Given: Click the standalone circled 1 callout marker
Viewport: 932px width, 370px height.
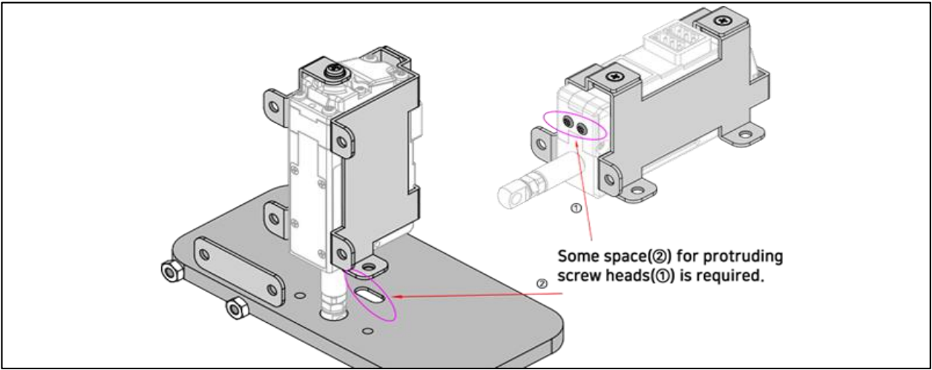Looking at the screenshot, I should click(575, 207).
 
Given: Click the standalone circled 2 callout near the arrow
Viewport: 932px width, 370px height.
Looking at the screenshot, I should click(543, 283).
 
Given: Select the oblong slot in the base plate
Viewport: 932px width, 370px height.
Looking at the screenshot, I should click(372, 295).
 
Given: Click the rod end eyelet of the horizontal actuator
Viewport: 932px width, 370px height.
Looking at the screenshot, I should click(510, 194).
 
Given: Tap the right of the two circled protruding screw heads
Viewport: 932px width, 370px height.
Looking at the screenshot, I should click(582, 129).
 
